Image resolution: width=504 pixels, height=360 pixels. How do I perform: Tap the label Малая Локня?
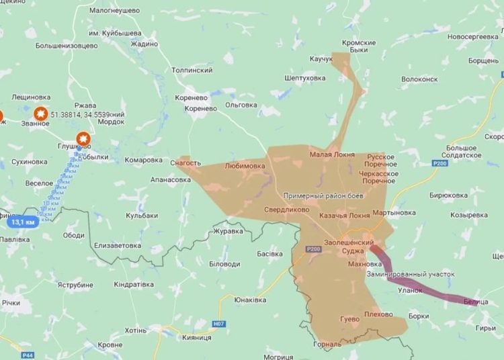point(332,154)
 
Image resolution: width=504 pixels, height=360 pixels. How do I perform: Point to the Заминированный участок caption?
point(411,274)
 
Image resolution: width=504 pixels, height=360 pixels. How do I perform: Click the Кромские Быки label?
point(359,47)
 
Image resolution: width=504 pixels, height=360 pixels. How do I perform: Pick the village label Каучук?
point(321,59)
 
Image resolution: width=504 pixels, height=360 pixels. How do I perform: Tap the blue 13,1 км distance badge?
point(23,222)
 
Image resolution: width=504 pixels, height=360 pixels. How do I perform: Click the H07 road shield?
point(218,324)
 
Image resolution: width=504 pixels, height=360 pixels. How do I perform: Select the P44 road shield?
point(28,355)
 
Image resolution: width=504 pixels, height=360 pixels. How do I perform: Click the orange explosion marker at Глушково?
point(83,139)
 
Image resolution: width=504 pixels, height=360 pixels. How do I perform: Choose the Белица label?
point(476,302)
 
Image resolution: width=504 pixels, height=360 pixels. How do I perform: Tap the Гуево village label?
point(350,319)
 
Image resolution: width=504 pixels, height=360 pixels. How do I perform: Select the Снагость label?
point(185,163)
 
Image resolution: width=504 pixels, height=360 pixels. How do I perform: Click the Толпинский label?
point(192,70)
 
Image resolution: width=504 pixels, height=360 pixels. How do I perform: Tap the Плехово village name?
point(378,314)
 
